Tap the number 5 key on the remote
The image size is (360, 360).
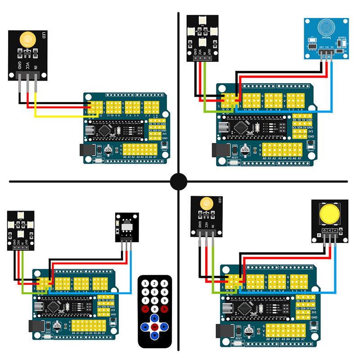155,292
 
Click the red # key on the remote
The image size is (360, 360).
165,309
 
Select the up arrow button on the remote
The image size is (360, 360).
155,318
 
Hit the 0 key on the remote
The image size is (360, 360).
155,309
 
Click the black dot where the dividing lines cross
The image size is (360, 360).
179,181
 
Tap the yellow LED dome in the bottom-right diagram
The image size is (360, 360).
206,204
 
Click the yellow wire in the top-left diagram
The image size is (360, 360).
63,117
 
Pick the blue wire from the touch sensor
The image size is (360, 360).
332,85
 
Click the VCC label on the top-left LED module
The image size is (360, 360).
28,66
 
